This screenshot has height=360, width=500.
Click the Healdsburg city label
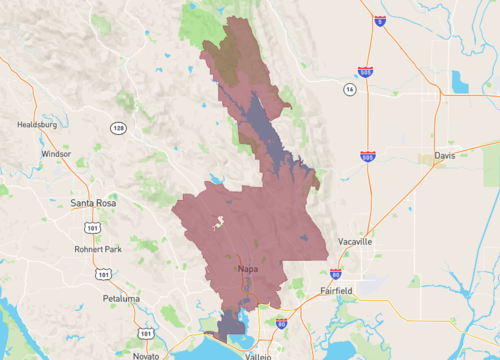[x=36, y=125]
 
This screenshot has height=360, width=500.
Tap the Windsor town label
[x=55, y=154]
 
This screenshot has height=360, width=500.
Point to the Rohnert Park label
[x=97, y=249]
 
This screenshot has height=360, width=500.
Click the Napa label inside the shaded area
[x=249, y=269]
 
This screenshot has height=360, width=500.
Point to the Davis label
[x=446, y=156]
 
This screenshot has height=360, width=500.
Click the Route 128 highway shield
[x=118, y=128]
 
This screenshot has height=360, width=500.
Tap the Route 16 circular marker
[x=349, y=89]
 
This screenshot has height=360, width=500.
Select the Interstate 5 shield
[x=380, y=20]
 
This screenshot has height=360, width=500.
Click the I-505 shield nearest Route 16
[x=367, y=72]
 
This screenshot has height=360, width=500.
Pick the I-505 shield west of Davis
[x=367, y=157]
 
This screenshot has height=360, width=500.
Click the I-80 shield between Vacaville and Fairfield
[x=335, y=272]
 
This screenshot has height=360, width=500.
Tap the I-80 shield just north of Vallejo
[x=281, y=324]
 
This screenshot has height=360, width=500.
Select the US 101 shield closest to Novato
[x=148, y=333]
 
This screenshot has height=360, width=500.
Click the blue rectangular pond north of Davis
[x=460, y=82]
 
